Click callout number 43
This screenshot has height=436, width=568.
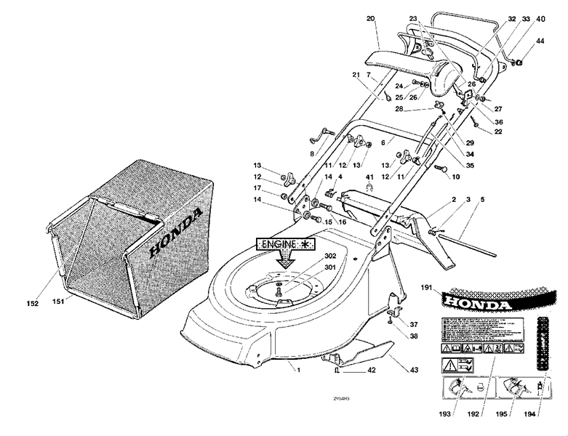414,371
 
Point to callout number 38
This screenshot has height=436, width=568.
413,336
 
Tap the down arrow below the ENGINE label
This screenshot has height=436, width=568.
289,259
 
